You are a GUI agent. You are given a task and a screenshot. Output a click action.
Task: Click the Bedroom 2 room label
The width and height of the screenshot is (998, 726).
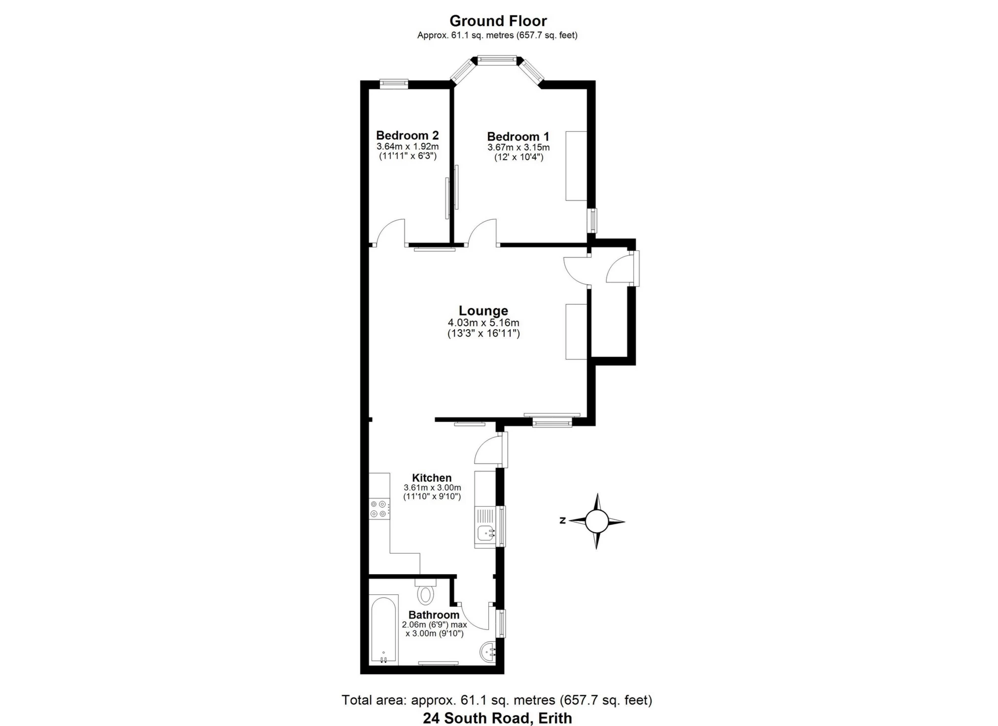point(407,135)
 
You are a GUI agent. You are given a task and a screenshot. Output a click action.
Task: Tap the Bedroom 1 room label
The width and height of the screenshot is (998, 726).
point(518,137)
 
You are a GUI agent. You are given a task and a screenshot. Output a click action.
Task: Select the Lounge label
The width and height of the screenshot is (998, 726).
point(483,311)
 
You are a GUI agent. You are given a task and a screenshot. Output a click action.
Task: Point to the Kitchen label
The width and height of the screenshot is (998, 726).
point(432,478)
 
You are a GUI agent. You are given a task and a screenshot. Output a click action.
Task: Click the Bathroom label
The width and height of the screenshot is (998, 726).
point(434,615)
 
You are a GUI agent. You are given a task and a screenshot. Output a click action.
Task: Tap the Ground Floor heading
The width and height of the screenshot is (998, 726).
point(498,21)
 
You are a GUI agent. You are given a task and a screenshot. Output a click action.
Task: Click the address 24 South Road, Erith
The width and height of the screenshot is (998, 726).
point(497,718)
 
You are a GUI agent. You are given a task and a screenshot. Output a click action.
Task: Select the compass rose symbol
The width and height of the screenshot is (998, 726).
point(597,521)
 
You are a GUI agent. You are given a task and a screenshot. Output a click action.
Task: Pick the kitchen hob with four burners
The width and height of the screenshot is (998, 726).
point(379,509)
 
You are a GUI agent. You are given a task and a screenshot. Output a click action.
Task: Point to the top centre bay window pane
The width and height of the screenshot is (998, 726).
point(497,60)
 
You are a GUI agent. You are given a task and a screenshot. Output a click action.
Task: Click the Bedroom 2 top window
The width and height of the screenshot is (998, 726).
point(394,84)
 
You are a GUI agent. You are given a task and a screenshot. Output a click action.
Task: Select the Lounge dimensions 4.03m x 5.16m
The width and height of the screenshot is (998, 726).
point(483,323)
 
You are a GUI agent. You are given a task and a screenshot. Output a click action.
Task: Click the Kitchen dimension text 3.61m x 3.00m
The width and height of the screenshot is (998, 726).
point(432,487)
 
